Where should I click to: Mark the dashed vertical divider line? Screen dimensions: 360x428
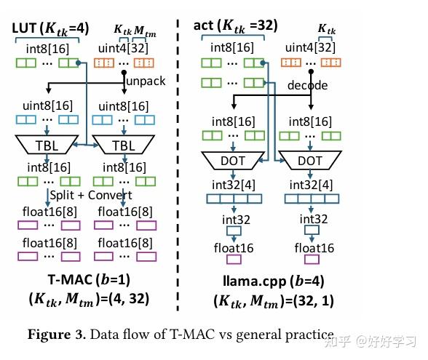pos(178,160)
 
